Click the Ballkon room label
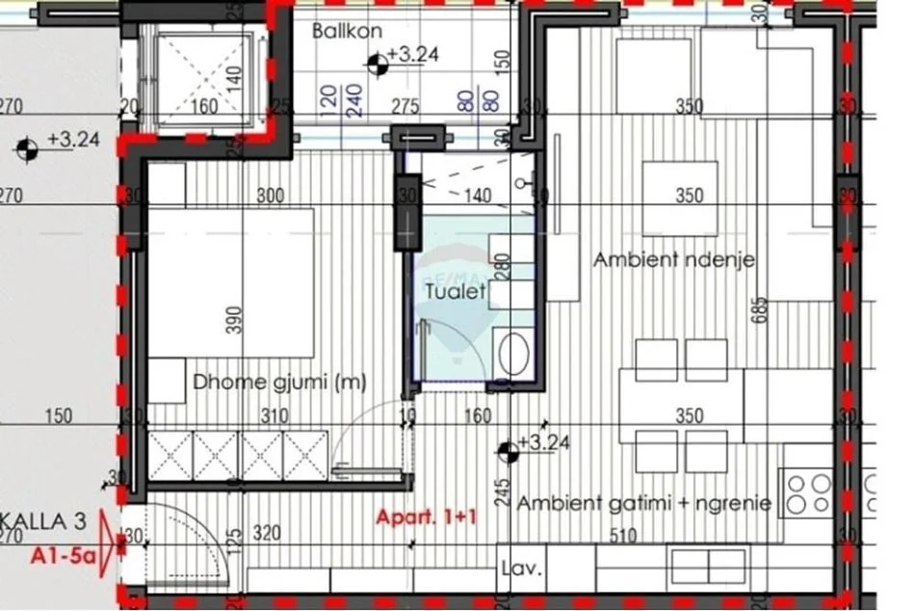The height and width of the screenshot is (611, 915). click(x=347, y=31)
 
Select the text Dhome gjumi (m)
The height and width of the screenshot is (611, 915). click(x=279, y=383)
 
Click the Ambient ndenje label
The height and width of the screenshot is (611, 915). click(x=673, y=259)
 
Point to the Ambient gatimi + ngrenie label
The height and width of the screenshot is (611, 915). click(x=644, y=502)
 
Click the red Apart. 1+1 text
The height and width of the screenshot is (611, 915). click(x=426, y=518)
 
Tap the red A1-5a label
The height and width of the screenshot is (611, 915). click(x=62, y=554)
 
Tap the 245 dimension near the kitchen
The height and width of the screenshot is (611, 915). click(x=489, y=493)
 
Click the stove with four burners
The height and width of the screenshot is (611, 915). click(x=808, y=492)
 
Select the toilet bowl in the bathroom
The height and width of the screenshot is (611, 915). click(x=514, y=353)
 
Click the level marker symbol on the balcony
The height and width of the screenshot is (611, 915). click(x=378, y=64)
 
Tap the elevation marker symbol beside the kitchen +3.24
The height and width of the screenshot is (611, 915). click(x=507, y=449)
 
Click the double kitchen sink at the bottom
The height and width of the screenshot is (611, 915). click(x=708, y=564)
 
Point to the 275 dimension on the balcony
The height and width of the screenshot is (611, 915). click(x=405, y=107)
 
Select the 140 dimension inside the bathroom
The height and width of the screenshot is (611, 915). click(x=478, y=197)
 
